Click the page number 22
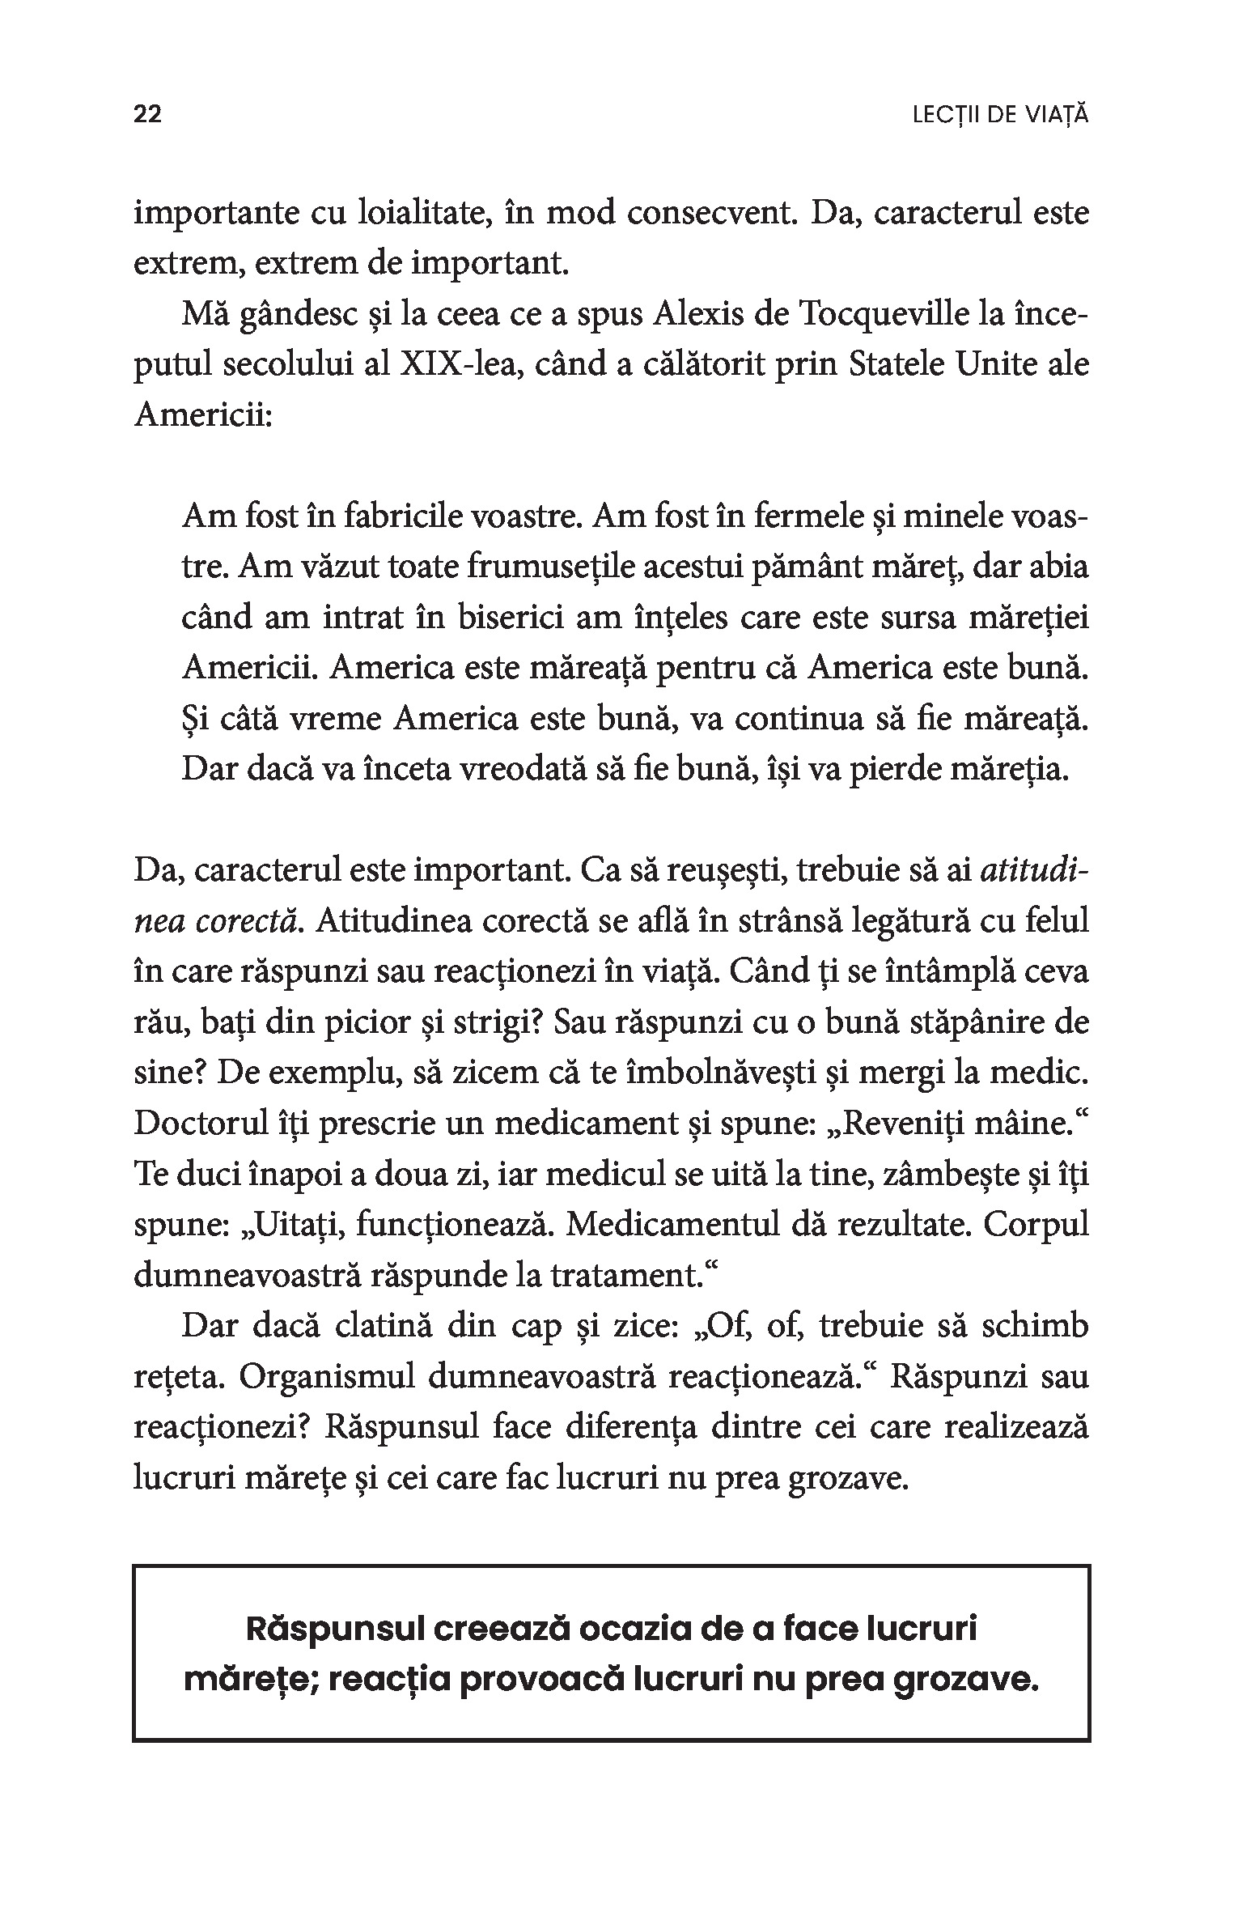tap(148, 115)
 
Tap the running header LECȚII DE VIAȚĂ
tap(1000, 116)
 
